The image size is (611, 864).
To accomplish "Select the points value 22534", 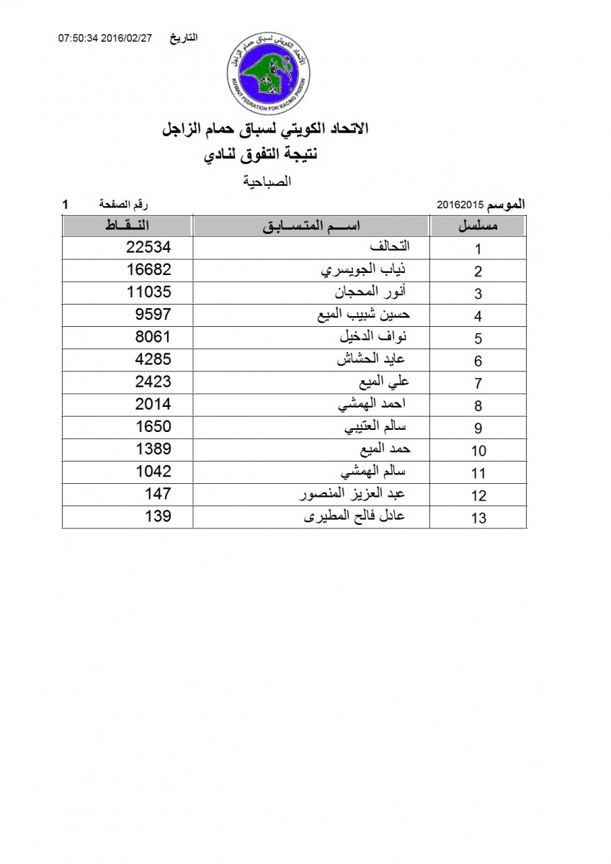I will tap(148, 247).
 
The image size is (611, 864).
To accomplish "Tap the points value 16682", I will tap(148, 269).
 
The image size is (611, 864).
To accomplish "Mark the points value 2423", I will tap(153, 381).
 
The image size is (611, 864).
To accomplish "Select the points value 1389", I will tap(153, 449).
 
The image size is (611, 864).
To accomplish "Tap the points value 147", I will tap(157, 493).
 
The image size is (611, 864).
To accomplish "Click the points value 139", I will tap(157, 516).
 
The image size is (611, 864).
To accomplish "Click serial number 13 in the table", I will tap(478, 518).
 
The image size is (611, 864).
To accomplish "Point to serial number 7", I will tap(478, 384).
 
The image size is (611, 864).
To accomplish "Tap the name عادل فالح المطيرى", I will tap(357, 516).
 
